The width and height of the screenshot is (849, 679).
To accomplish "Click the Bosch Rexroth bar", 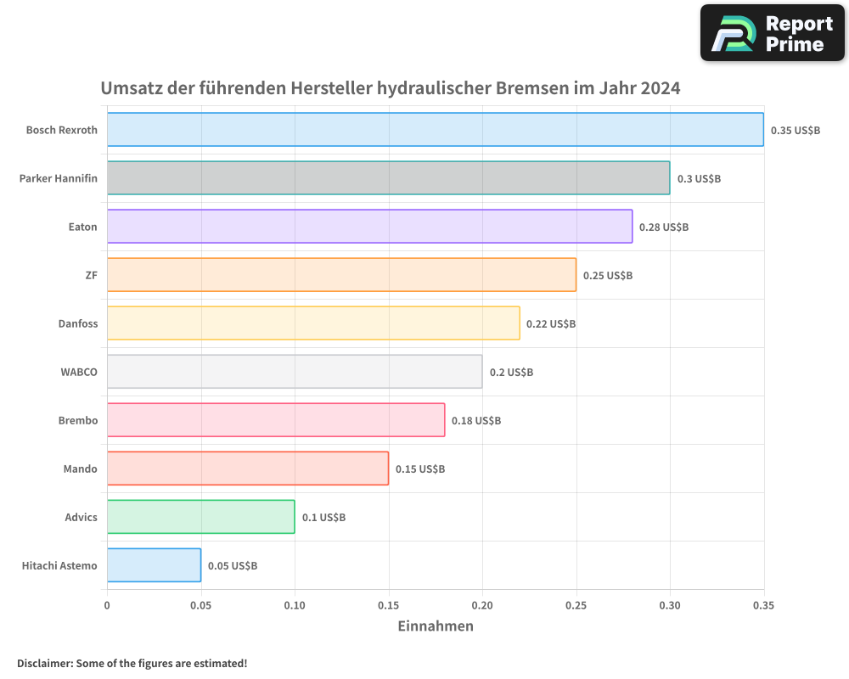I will coord(435,130).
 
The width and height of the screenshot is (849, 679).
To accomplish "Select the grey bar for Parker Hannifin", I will coord(388,178).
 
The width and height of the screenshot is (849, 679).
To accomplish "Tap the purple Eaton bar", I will coord(369,227).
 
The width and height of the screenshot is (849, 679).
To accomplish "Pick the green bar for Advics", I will coord(200,517).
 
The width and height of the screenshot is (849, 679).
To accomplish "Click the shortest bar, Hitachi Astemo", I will coord(154,565).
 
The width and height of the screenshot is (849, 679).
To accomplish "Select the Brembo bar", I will coord(276,420).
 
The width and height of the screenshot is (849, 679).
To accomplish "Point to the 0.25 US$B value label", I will coord(608,276).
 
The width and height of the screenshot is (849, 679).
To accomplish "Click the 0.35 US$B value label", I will coord(796,131).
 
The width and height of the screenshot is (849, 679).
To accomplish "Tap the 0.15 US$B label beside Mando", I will coord(420,469).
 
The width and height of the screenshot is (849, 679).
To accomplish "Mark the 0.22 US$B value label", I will coord(551,324).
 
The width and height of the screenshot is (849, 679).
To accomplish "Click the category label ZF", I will coord(92,275).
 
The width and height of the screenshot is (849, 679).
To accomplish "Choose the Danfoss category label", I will coord(78,323).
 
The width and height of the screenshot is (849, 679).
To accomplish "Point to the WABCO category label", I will coord(79,372).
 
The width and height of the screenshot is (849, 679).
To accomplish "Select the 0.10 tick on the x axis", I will coord(295,606).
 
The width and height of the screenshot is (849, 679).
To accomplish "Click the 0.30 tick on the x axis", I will coord(670,606).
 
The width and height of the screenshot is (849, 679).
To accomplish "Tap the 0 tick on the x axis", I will coord(107,606).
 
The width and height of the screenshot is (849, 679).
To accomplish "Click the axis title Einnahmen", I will coord(436,626).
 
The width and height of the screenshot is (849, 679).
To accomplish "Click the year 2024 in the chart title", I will coord(661,88).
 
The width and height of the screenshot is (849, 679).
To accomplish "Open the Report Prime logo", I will coord(772,33).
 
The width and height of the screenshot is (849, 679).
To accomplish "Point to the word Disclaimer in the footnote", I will coord(44,664).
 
